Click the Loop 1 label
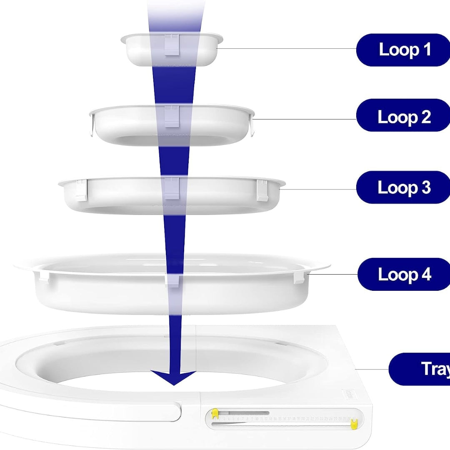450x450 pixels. [403, 50]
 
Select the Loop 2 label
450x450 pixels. [403, 117]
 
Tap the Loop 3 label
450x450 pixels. [403, 187]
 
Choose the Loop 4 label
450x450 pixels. [403, 275]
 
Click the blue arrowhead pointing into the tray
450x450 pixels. [173, 377]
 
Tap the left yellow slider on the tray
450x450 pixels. [215, 414]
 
